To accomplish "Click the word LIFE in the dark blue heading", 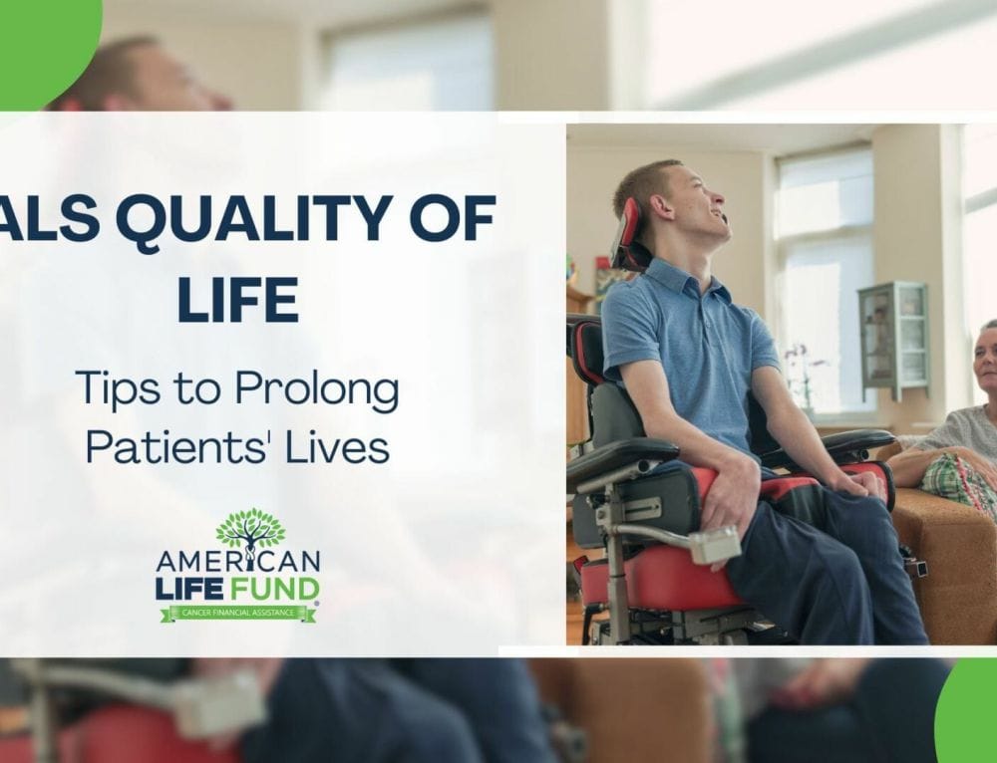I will [237, 301].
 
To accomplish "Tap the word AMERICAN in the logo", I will [238, 563].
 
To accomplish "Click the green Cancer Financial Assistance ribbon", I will [238, 613].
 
